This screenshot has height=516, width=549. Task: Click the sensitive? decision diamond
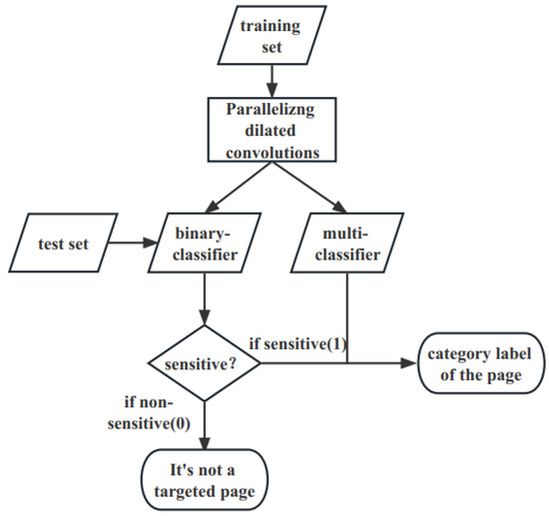click(204, 364)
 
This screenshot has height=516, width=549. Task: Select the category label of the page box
click(478, 365)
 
